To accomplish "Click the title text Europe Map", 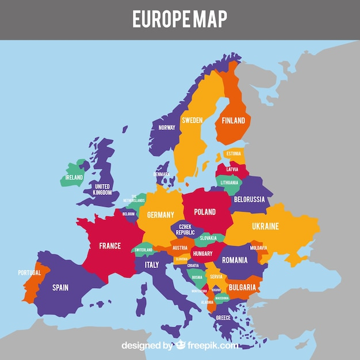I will click(179, 18).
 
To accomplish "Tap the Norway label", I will click(167, 128).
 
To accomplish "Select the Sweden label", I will click(192, 120).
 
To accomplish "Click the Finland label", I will click(233, 121).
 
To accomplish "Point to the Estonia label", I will click(233, 154).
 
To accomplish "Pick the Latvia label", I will click(232, 170).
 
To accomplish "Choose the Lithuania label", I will click(229, 182).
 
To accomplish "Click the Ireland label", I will click(74, 178).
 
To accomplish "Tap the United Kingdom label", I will click(102, 189).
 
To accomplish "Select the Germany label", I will click(160, 215).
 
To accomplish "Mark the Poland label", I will click(205, 212).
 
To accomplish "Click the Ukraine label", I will click(265, 226).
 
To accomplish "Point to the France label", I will click(110, 246).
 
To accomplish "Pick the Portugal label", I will click(29, 273).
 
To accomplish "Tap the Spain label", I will click(60, 287).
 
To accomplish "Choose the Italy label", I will click(152, 265).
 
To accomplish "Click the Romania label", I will click(235, 261).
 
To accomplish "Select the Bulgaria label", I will click(242, 287).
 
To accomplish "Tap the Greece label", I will click(223, 317).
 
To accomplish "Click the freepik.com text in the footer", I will click(212, 346).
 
